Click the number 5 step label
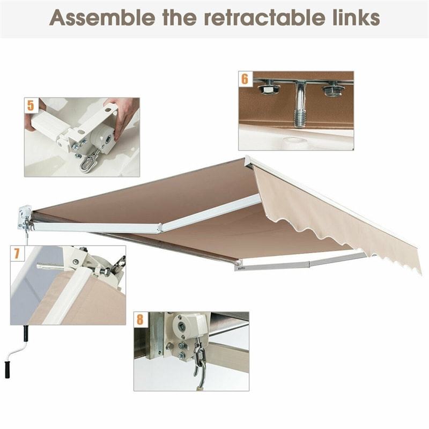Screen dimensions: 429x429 click(31, 105)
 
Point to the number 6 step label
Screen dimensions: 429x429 click(245, 79)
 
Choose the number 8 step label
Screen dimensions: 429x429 click(140, 320)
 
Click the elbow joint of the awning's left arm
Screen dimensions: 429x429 click(160, 229)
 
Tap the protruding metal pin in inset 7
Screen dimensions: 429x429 click(51, 265)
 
